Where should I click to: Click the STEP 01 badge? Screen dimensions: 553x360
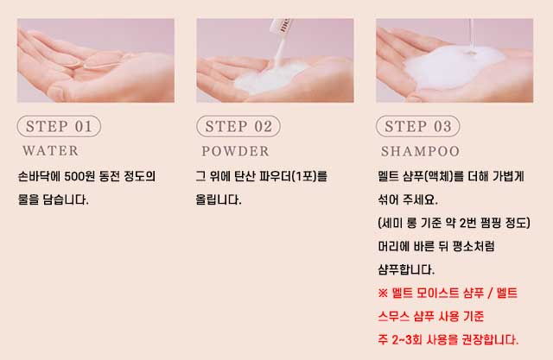pyautogui.click(x=59, y=126)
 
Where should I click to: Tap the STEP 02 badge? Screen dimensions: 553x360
pyautogui.click(x=238, y=126)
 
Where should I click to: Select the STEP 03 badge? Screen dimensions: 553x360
pyautogui.click(x=418, y=126)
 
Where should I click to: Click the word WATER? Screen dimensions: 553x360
pyautogui.click(x=50, y=151)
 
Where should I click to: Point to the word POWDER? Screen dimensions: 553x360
pyautogui.click(x=235, y=151)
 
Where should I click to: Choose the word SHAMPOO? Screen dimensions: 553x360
pyautogui.click(x=420, y=151)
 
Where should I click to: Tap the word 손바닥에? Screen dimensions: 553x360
pyautogui.click(x=39, y=176)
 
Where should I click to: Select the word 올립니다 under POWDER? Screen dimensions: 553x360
pyautogui.click(x=218, y=199)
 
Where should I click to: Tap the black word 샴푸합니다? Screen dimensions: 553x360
pyautogui.click(x=405, y=270)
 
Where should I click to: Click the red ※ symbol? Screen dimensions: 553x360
pyautogui.click(x=383, y=293)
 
